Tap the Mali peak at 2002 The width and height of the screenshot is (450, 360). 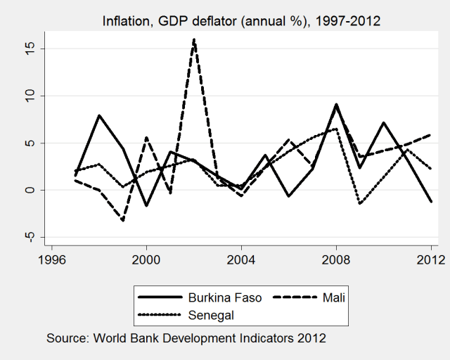click(x=193, y=39)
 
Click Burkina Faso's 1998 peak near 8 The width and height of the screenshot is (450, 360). click(x=99, y=115)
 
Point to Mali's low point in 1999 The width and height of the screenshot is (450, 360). click(x=123, y=221)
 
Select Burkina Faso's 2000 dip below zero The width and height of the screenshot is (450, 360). click(x=146, y=206)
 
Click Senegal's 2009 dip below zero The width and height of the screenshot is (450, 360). click(x=359, y=203)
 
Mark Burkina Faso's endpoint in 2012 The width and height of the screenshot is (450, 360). click(x=430, y=202)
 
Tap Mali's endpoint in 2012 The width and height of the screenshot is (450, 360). click(x=430, y=134)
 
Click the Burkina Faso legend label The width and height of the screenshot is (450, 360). click(x=224, y=297)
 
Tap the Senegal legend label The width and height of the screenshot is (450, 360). click(x=210, y=314)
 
